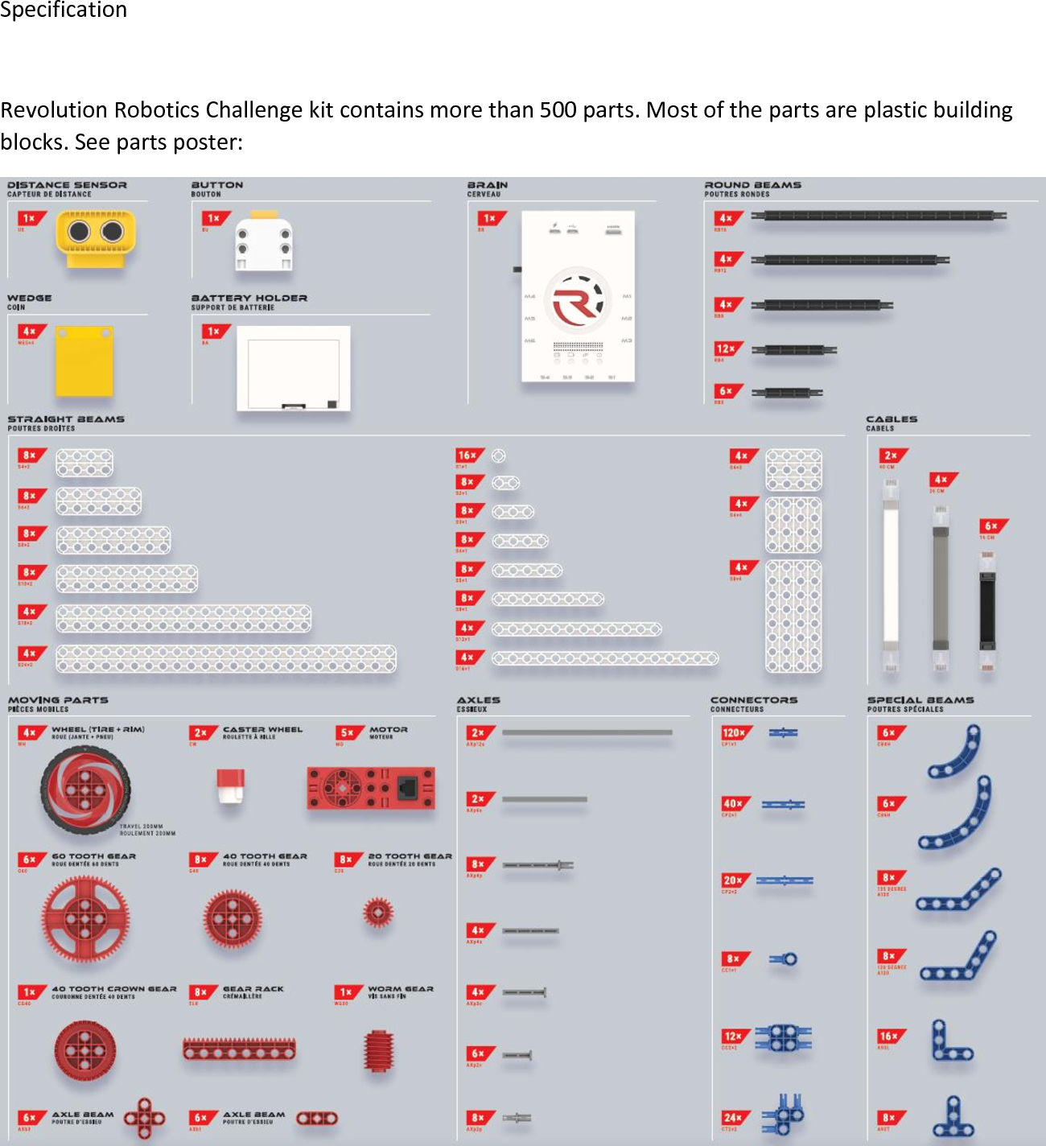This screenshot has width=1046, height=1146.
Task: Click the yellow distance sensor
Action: coord(95,238)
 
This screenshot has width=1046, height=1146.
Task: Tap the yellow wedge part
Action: coord(84,361)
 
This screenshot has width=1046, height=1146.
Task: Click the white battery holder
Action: coord(293,368)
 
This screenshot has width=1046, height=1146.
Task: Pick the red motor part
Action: coord(370,788)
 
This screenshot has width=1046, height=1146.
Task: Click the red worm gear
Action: coord(378,1050)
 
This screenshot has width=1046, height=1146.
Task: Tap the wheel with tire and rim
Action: coord(84,789)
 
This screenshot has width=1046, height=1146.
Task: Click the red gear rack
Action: coord(239,1049)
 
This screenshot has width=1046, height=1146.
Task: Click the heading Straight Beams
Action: coord(66,419)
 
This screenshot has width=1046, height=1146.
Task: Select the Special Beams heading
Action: coord(920,700)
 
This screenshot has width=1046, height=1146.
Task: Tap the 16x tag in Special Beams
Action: coord(890,1037)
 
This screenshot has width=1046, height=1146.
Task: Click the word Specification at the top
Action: coord(64,10)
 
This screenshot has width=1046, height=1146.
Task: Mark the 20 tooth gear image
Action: coord(377,913)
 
